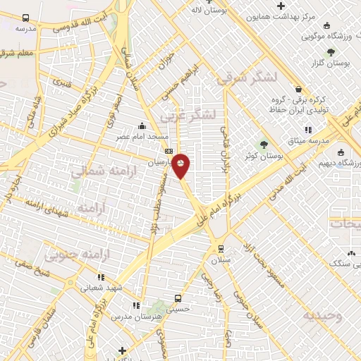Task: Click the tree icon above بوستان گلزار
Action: coord(330,52)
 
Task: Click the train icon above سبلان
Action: coord(220,248)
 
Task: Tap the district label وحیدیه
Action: coord(322,315)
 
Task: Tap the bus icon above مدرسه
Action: coord(26,18)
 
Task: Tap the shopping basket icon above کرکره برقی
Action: coord(299,90)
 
